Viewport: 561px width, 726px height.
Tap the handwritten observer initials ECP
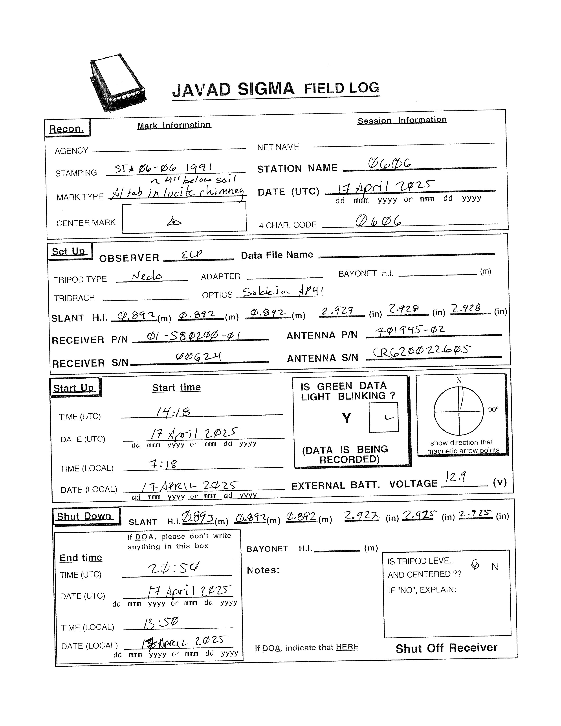pos(192,254)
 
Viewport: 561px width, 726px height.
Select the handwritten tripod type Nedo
pos(147,276)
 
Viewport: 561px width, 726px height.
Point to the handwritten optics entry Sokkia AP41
pos(282,292)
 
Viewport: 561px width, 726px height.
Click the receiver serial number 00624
pos(198,357)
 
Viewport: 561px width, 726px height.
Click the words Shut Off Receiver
pos(446,648)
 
